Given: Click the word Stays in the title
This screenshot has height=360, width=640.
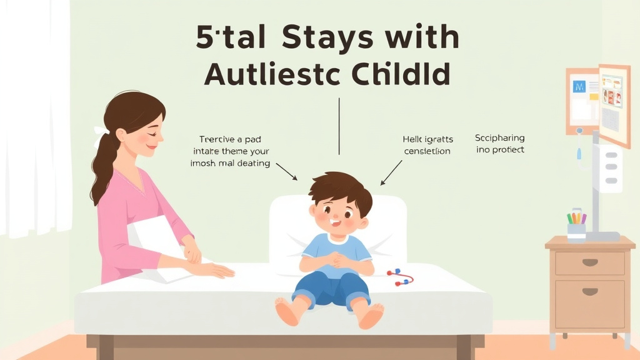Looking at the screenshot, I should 324,39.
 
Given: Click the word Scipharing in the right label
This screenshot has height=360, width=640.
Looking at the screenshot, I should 499,138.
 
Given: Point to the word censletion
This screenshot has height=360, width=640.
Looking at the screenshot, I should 427,151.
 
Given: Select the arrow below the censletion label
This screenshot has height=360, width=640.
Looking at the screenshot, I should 391,172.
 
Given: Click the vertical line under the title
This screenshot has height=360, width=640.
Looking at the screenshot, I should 339,125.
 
